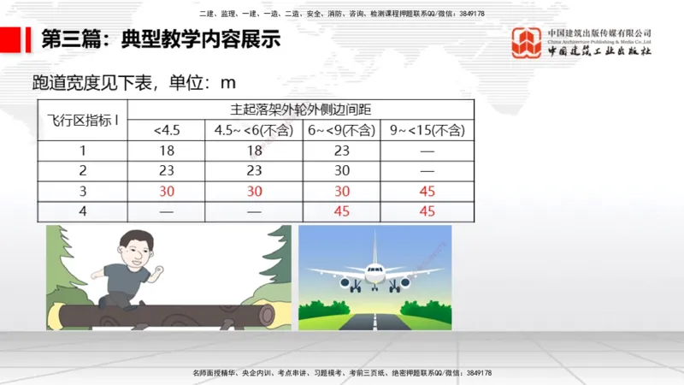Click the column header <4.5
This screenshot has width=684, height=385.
[167, 130]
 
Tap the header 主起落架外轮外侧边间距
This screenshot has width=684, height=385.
[299, 110]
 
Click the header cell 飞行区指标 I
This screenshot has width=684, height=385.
[82, 120]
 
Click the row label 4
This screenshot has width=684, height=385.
[82, 211]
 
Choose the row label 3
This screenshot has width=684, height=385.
[82, 191]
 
